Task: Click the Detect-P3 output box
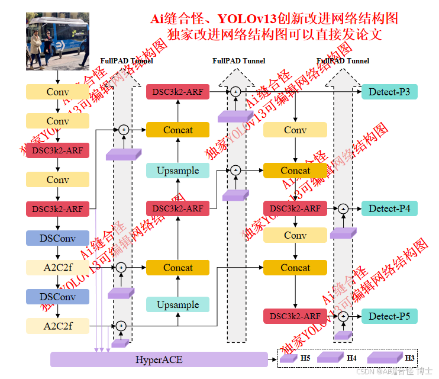[x=389, y=91]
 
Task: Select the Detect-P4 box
[x=389, y=208]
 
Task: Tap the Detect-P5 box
[x=389, y=316]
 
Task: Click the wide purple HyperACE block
[x=159, y=359]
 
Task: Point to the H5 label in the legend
[x=305, y=358]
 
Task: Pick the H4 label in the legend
[x=351, y=358]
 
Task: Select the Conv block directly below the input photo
[x=57, y=92]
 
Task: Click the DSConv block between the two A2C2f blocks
[x=57, y=296]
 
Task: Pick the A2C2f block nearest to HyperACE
[x=57, y=325]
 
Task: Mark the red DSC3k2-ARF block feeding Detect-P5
[x=295, y=316]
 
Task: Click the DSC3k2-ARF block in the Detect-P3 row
[x=177, y=91]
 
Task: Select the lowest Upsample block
[x=177, y=304]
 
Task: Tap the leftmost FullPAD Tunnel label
[x=127, y=60]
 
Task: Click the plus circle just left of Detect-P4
[x=343, y=208]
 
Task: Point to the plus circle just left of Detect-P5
[x=343, y=316]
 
